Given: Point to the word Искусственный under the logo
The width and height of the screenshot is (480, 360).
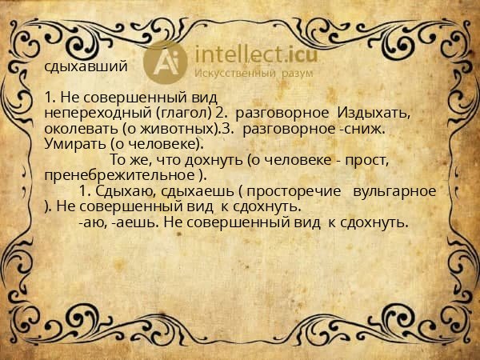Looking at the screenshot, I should (234, 74).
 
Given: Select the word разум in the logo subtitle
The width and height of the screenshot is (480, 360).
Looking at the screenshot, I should (296, 74).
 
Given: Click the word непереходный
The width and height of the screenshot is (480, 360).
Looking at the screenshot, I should (85, 113).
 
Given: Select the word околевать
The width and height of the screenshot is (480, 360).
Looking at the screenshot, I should (76, 128).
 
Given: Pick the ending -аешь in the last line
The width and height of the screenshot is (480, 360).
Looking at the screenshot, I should (135, 222).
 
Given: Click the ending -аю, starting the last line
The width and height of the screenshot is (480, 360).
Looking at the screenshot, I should (94, 222).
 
